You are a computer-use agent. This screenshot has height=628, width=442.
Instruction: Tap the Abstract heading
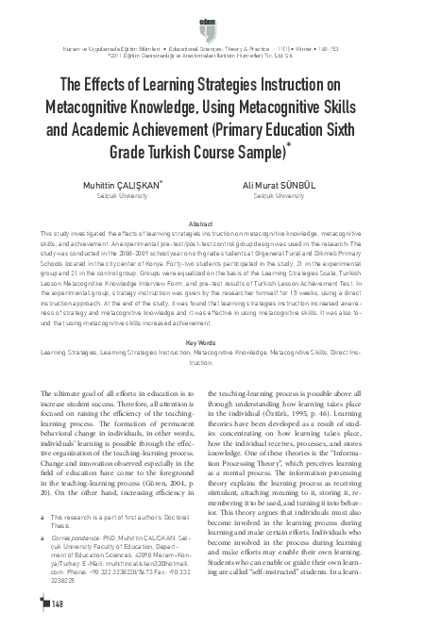click(x=220, y=222)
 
